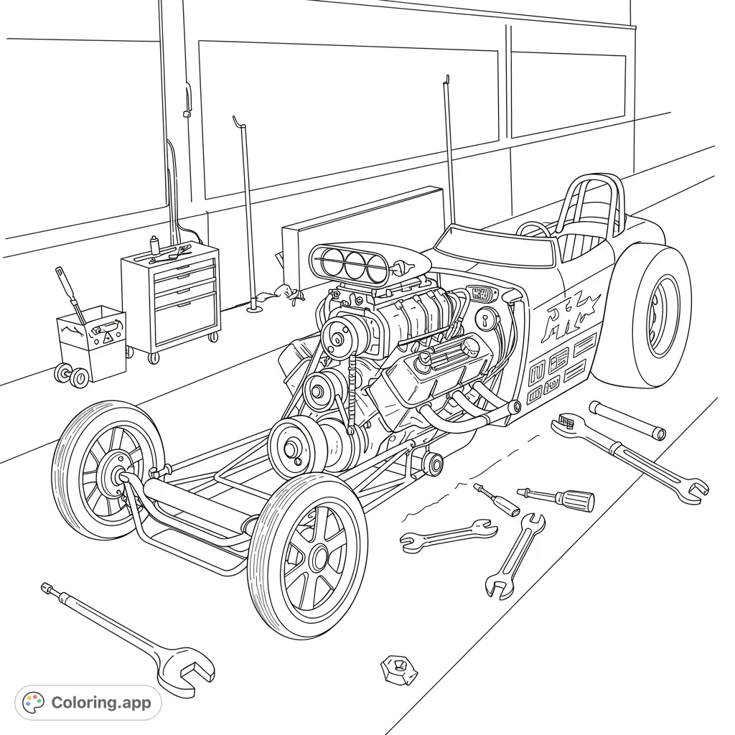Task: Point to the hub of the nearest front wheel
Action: [x=316, y=557]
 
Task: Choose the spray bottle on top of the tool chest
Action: [x=154, y=245]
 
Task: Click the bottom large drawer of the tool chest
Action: [x=186, y=316]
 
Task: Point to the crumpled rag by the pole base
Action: [x=284, y=294]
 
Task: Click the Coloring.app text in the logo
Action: [x=101, y=703]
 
